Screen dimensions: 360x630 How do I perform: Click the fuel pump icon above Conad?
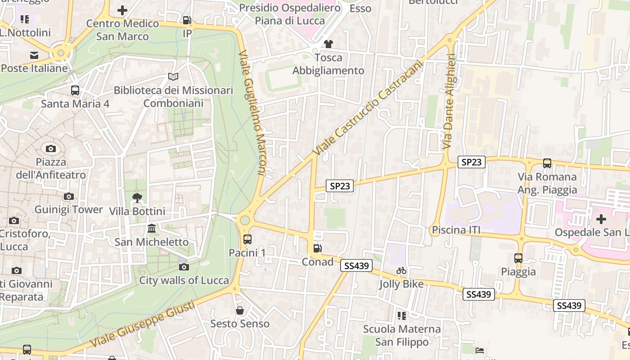point(317,248)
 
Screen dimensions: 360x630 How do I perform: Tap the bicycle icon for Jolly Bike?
point(401,270)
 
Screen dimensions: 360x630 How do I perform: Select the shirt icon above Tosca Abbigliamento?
point(328,44)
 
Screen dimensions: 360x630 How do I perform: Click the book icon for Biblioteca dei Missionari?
point(173,77)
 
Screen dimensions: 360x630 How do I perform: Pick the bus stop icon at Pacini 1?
point(247,239)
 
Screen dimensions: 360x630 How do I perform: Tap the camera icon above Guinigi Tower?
point(69,196)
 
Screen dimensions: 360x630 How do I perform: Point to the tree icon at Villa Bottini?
point(137,198)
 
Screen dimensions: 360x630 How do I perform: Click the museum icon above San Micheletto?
point(152,229)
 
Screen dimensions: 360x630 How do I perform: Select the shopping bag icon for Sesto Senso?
point(240,310)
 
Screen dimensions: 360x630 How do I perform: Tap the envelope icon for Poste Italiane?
point(34,55)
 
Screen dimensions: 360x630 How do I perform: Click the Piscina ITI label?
point(456,230)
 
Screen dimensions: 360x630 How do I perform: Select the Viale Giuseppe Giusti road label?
point(143,324)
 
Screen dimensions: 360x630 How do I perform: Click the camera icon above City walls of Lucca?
point(184,267)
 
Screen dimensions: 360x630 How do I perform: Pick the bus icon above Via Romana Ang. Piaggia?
point(547,163)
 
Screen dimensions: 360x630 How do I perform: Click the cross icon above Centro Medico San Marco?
point(122,10)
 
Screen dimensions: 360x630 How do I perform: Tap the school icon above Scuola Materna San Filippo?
point(402,316)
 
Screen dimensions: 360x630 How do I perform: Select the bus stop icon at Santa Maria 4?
point(75,90)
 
